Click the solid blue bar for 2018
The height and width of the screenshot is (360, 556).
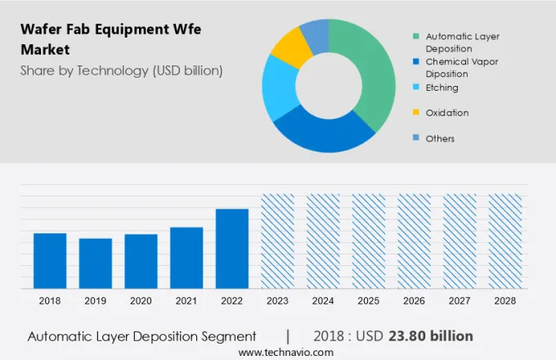[x=50, y=260]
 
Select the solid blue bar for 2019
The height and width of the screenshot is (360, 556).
[x=96, y=263]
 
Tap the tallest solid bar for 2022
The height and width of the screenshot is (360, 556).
[x=232, y=248]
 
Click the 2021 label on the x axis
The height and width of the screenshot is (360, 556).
[x=186, y=301]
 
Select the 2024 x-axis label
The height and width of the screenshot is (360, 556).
[x=323, y=301]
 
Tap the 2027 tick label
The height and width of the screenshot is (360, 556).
[x=460, y=301]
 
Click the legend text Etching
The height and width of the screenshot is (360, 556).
[x=442, y=88]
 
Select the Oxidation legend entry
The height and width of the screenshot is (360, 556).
[x=447, y=113]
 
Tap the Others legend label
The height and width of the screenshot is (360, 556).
[x=440, y=138]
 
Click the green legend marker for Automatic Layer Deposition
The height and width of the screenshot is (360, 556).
[x=416, y=36]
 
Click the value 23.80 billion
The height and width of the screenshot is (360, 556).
[x=433, y=335]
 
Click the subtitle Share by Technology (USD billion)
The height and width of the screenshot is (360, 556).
[x=121, y=70]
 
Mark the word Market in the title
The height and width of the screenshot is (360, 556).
[x=45, y=50]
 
